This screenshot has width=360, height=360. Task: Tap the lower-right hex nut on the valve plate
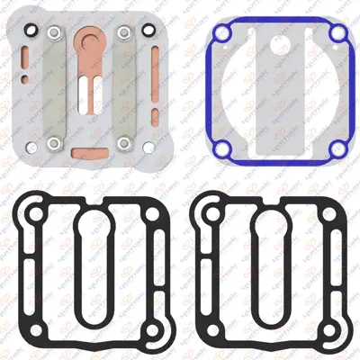click(124, 142)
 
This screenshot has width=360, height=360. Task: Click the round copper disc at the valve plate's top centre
click(90, 39)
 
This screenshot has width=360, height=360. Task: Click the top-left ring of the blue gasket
click(221, 33)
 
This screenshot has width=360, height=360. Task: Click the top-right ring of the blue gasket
click(337, 33)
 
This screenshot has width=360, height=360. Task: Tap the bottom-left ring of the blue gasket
click(221, 148)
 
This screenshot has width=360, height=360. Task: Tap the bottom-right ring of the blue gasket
click(337, 148)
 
